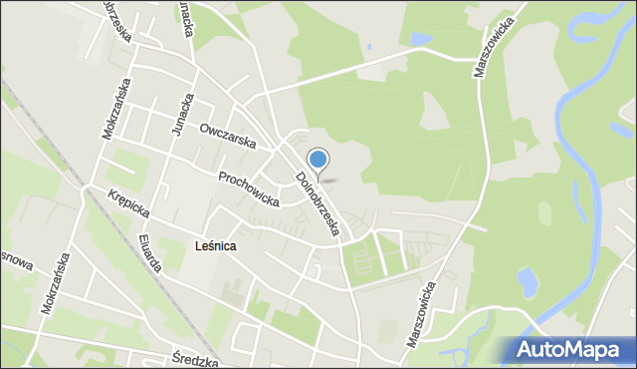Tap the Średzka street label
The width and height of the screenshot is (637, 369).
click(195, 360)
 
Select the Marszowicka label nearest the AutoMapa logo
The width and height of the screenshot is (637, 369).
click(421, 313)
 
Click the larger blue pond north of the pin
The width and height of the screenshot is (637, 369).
click(421, 39)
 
